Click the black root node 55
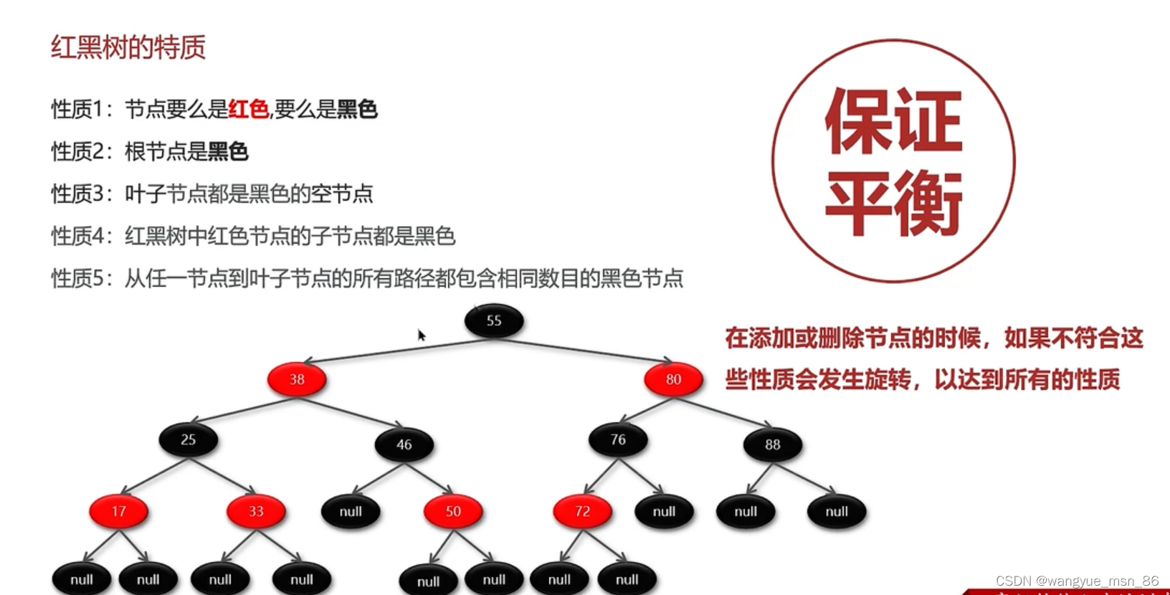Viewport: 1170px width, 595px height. [494, 320]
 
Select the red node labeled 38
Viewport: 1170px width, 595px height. [297, 379]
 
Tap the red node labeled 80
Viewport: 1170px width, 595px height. [673, 379]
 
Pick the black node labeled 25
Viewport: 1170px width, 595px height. [189, 439]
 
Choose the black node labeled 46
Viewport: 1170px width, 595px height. [404, 444]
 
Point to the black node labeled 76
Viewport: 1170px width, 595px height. [618, 439]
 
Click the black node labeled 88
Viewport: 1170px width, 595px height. [772, 444]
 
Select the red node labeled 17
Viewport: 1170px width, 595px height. [119, 511]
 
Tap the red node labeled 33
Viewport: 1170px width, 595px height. [256, 511]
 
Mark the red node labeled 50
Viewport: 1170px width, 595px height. [453, 511]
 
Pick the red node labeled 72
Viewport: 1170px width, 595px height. [582, 511]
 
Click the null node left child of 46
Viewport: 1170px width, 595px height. [351, 511]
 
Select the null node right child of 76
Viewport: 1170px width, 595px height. [664, 511]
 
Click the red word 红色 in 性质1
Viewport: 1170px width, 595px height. [248, 109]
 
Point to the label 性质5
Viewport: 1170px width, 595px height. [79, 278]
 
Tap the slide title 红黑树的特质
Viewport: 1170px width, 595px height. [128, 47]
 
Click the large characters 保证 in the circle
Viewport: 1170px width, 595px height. [893, 120]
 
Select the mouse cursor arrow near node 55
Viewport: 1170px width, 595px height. [422, 335]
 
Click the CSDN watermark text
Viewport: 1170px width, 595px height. [1077, 581]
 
